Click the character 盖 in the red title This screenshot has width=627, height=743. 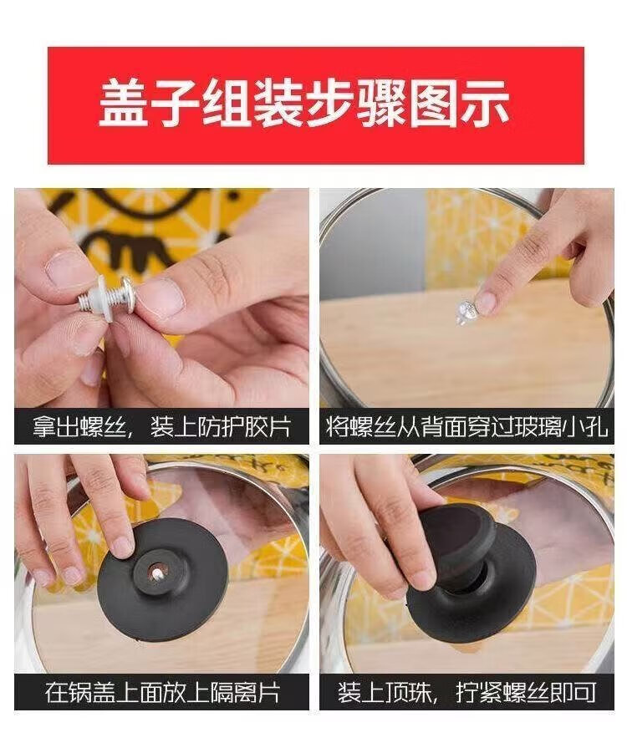(x=125, y=104)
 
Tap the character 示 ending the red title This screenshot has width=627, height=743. (x=483, y=104)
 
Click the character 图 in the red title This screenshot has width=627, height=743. (x=432, y=104)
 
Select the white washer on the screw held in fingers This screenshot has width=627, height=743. (x=104, y=299)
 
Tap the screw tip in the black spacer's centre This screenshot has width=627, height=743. (x=157, y=574)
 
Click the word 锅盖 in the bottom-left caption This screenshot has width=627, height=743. (x=90, y=692)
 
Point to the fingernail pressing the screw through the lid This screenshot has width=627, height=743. (x=487, y=302)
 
